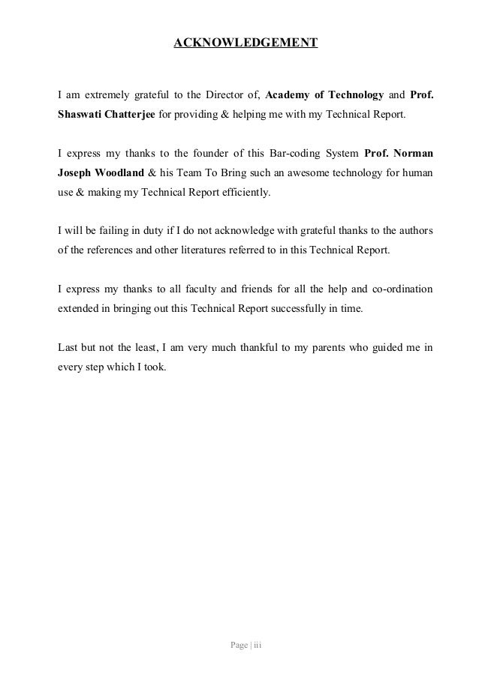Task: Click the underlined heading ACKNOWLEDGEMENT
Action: pos(246,43)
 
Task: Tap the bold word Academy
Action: pos(287,96)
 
